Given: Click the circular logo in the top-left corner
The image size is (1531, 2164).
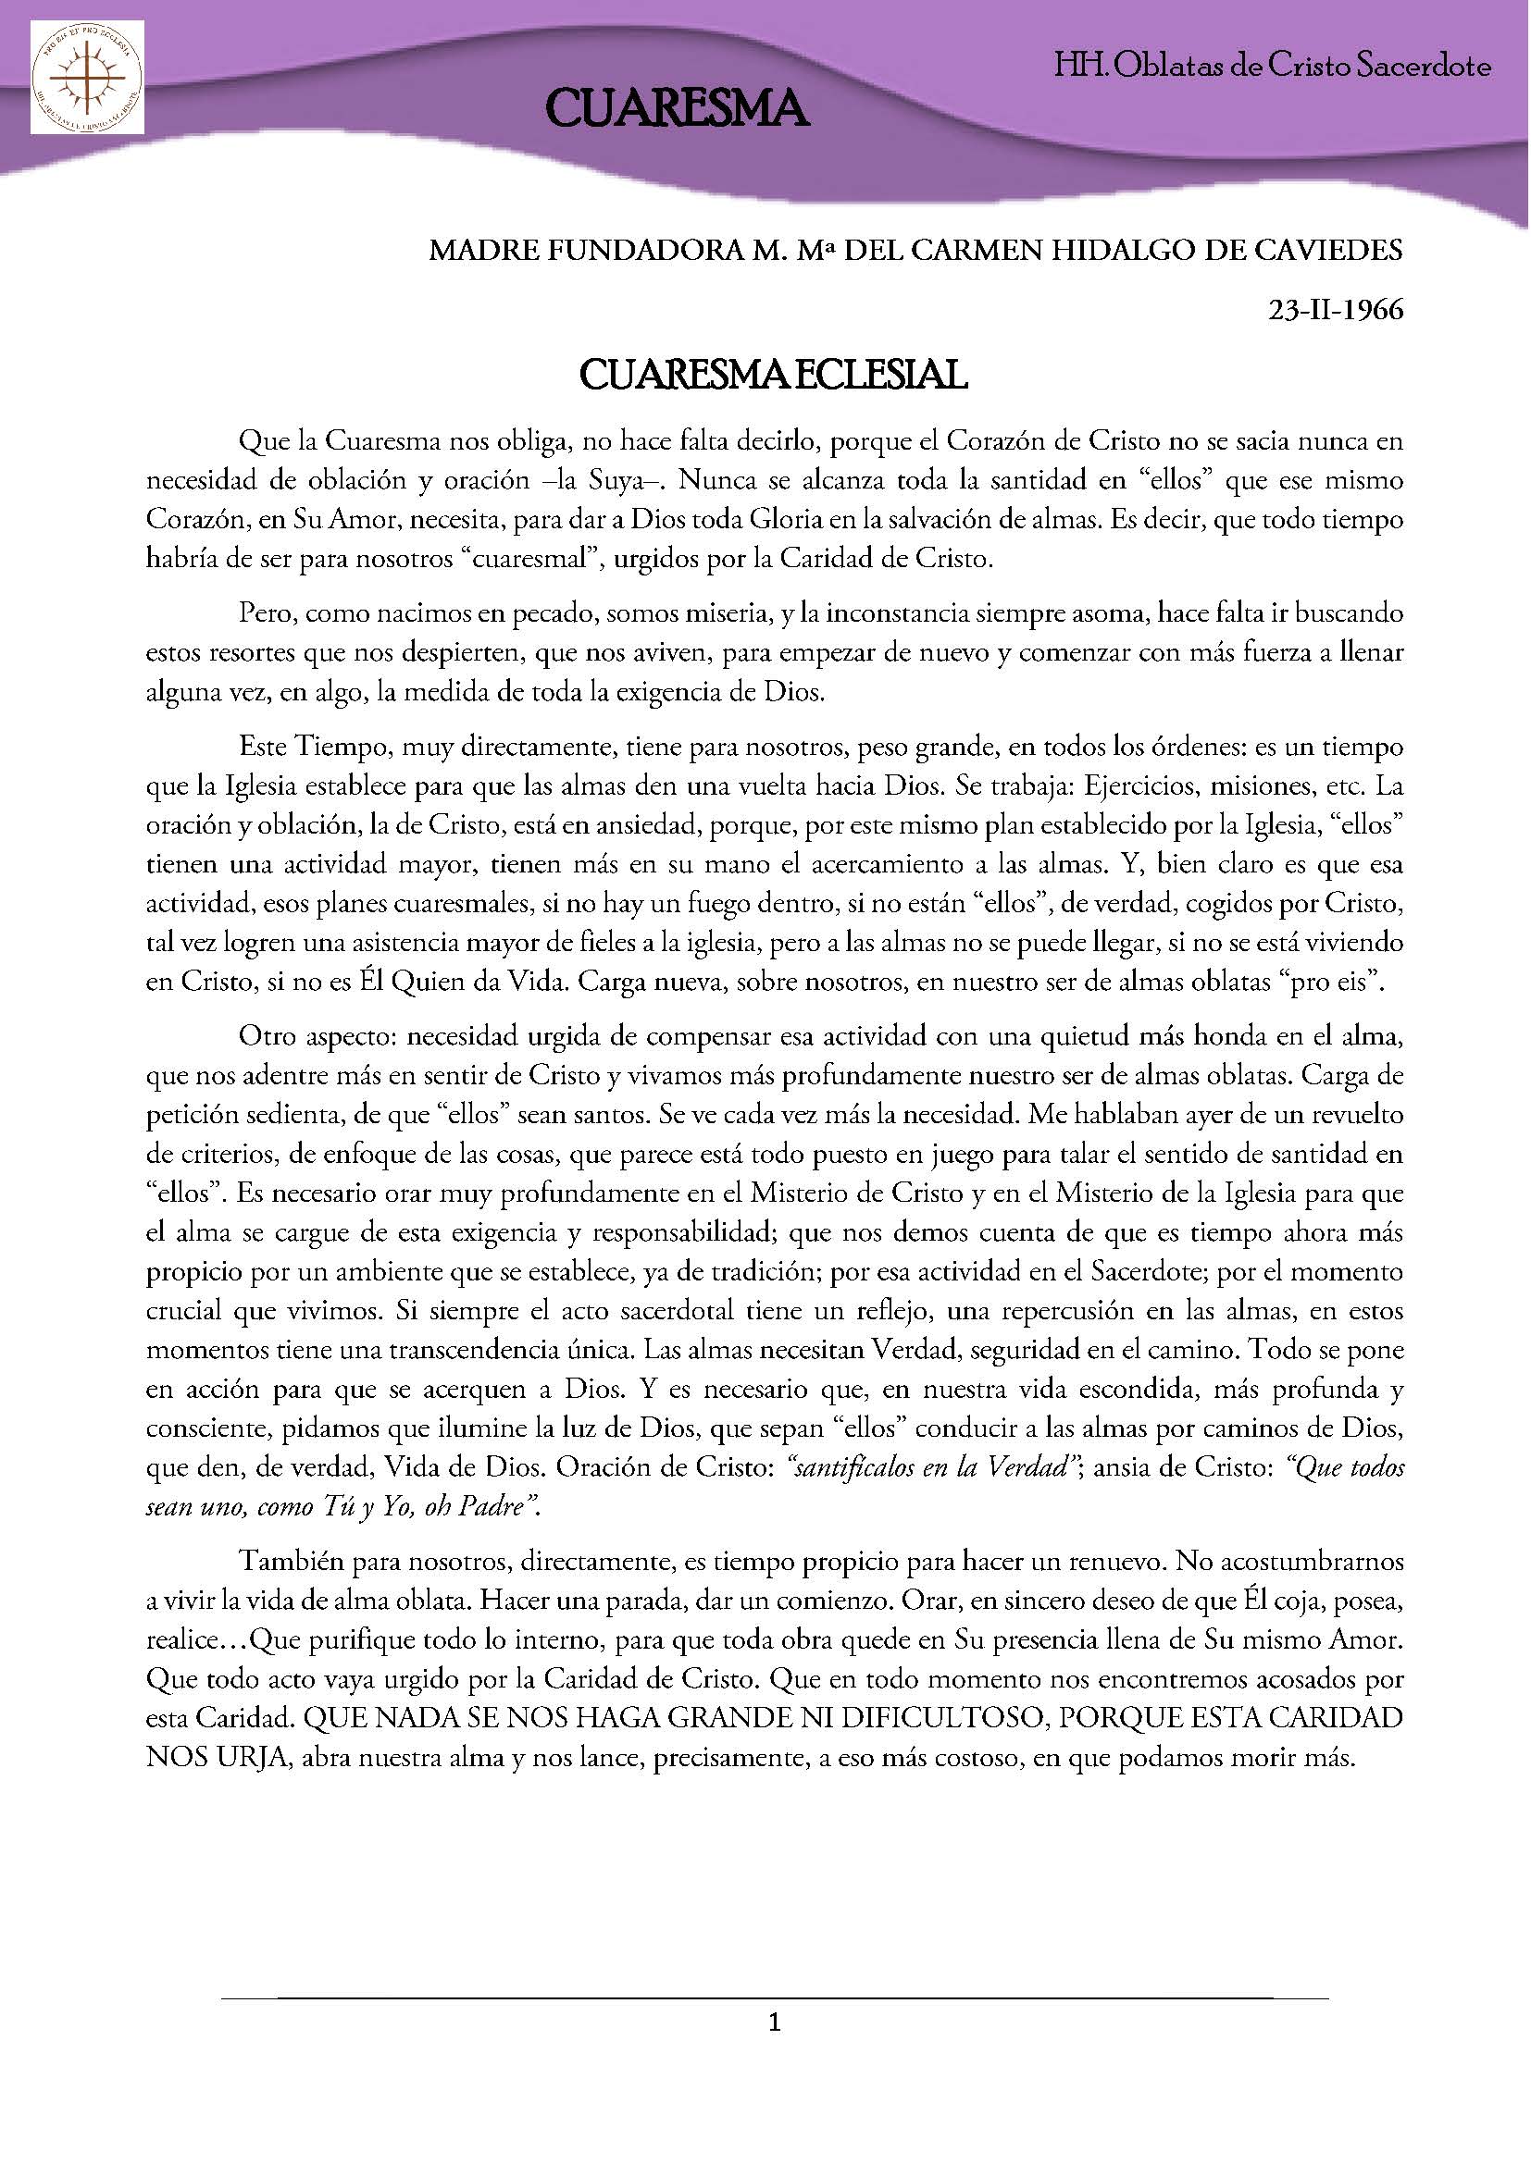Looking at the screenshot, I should click(87, 80).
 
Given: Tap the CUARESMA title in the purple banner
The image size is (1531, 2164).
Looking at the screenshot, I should click(676, 108).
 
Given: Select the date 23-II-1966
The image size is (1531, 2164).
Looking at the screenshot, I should click(1337, 309).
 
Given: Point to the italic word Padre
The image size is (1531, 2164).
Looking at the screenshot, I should click(494, 1506).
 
